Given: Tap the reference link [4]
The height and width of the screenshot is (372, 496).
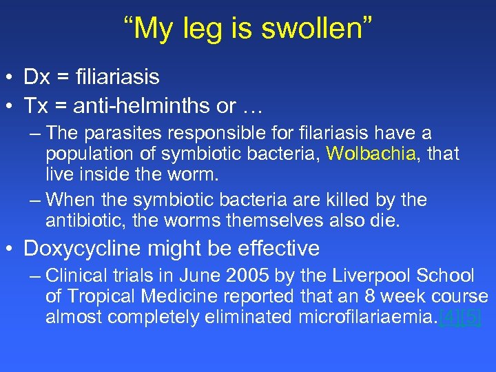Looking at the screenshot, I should [x=451, y=318].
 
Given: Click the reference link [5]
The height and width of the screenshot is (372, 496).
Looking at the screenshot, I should [x=471, y=318].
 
